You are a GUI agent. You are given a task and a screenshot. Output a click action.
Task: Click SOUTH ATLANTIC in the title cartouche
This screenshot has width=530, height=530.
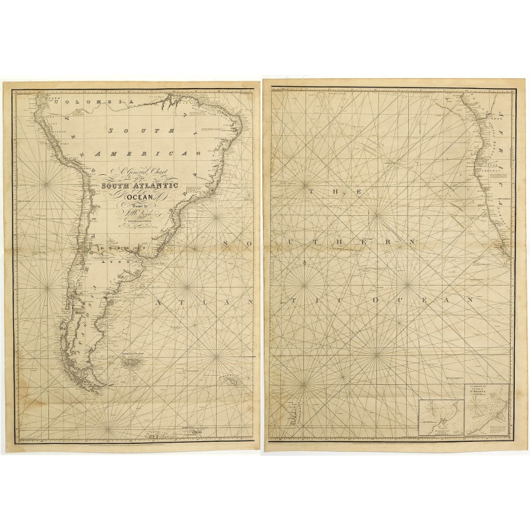coord(139,187)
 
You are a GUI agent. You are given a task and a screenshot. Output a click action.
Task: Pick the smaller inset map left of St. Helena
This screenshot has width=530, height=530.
coord(442,417)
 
